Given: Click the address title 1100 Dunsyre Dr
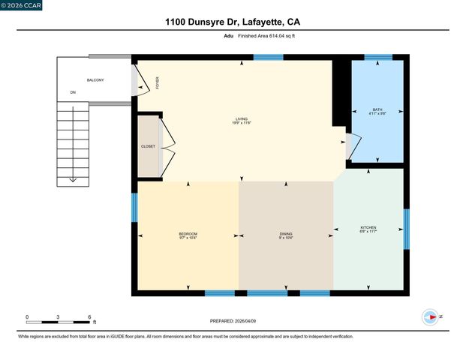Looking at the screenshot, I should [x=233, y=22].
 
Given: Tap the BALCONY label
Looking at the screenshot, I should [x=95, y=79].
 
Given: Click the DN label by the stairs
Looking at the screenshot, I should [x=74, y=92].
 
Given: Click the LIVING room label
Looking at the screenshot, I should [x=242, y=120].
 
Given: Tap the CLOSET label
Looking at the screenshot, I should [x=148, y=146].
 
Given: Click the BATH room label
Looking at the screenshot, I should [x=377, y=112].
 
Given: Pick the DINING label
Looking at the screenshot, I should [x=285, y=235].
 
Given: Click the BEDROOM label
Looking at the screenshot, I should [x=188, y=235].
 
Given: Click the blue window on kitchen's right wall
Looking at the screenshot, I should [x=407, y=229].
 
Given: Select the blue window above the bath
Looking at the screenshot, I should [x=377, y=57].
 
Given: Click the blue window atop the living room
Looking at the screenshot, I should [x=268, y=57].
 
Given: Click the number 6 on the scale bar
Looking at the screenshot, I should [x=89, y=317].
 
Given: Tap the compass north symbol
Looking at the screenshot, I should [x=431, y=317].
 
